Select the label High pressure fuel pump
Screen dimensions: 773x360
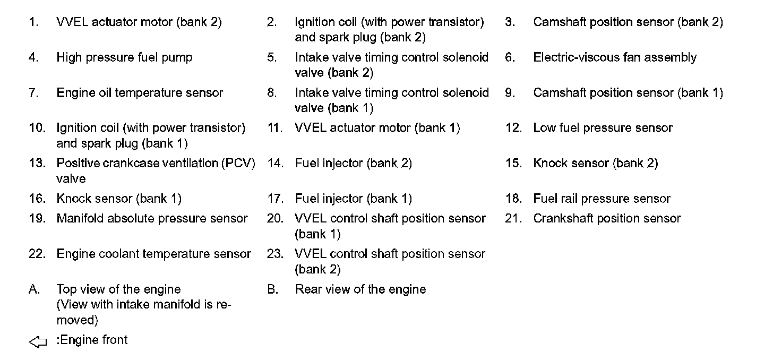tap(124, 57)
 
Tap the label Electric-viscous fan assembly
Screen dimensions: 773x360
tap(615, 57)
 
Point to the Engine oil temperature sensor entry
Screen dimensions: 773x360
tap(140, 93)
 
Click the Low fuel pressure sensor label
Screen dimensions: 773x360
tap(603, 128)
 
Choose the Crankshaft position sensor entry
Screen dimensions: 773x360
tap(607, 218)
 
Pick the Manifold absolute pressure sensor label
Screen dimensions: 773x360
tap(152, 218)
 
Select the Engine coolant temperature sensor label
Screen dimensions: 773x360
tap(153, 254)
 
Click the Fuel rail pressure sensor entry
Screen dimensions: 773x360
tap(602, 199)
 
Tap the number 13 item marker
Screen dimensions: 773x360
tap(37, 164)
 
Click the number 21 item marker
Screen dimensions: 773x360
tap(514, 218)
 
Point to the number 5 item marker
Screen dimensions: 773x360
tap(272, 57)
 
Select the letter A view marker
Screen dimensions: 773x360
tap(33, 289)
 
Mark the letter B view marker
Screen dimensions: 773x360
tap(272, 289)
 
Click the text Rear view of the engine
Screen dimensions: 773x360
tap(360, 289)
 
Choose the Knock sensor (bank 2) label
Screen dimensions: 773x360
tap(595, 164)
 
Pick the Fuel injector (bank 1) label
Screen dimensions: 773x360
tap(353, 199)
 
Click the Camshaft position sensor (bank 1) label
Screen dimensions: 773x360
tap(628, 93)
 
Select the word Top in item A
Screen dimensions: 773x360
tap(67, 289)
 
